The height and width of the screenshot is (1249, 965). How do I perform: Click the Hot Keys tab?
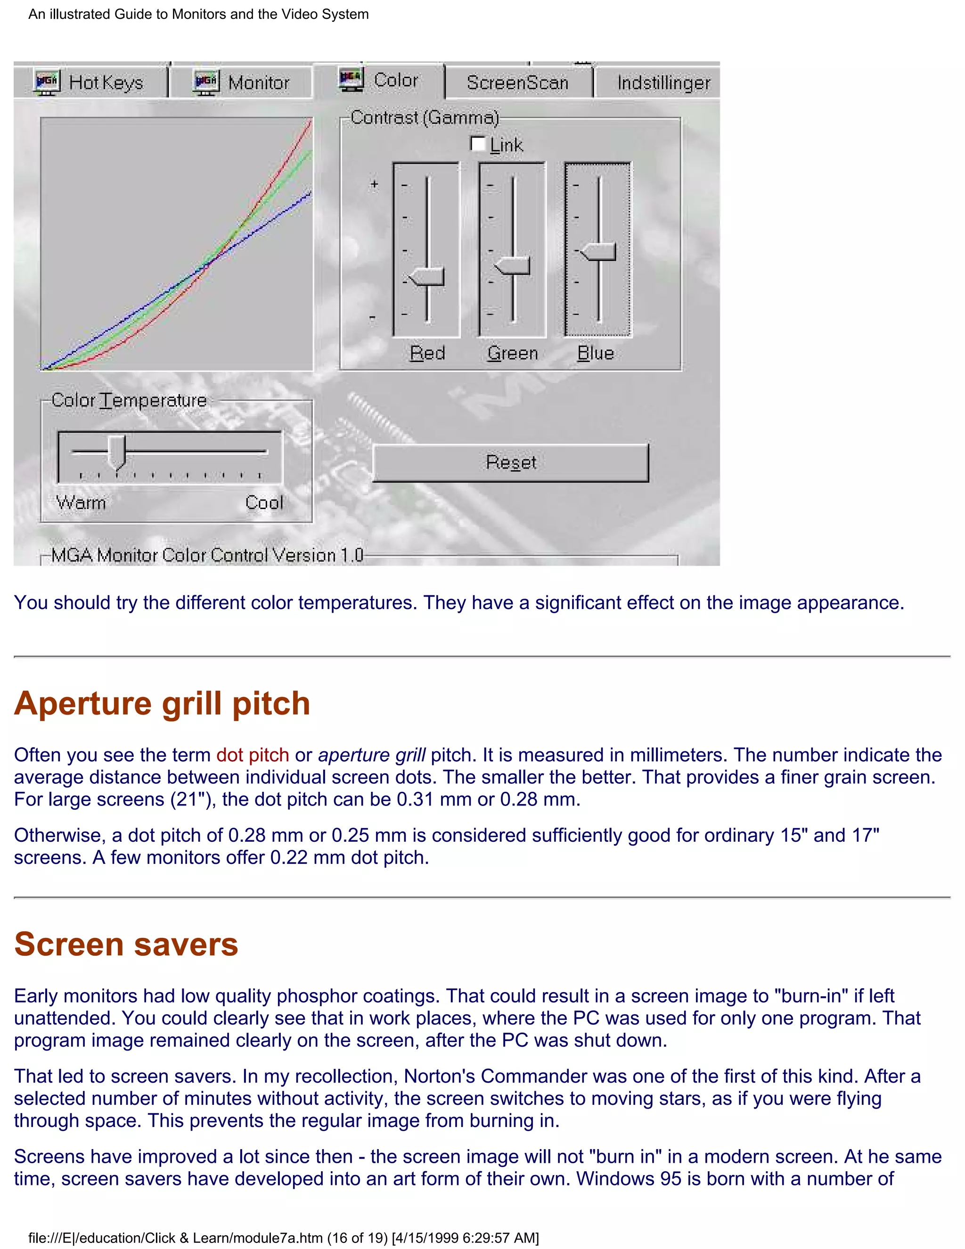tap(90, 83)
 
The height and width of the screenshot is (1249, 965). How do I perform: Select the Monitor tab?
tap(242, 83)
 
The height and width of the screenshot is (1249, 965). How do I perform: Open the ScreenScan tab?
tap(517, 83)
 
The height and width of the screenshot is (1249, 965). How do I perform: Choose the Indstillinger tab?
tap(663, 83)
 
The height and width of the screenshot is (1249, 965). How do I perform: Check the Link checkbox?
tap(477, 144)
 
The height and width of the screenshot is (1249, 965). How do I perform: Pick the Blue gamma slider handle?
tap(598, 251)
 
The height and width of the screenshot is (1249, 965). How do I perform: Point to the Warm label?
tap(81, 503)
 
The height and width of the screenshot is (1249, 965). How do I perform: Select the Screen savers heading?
tap(126, 944)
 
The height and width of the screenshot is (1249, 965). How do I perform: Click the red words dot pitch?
tap(252, 755)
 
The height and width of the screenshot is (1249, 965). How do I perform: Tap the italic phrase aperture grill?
tap(372, 755)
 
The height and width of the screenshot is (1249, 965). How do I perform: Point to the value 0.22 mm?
tap(308, 857)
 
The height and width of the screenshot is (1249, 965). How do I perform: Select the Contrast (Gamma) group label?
tap(424, 118)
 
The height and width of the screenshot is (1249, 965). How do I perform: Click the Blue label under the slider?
tap(595, 353)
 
